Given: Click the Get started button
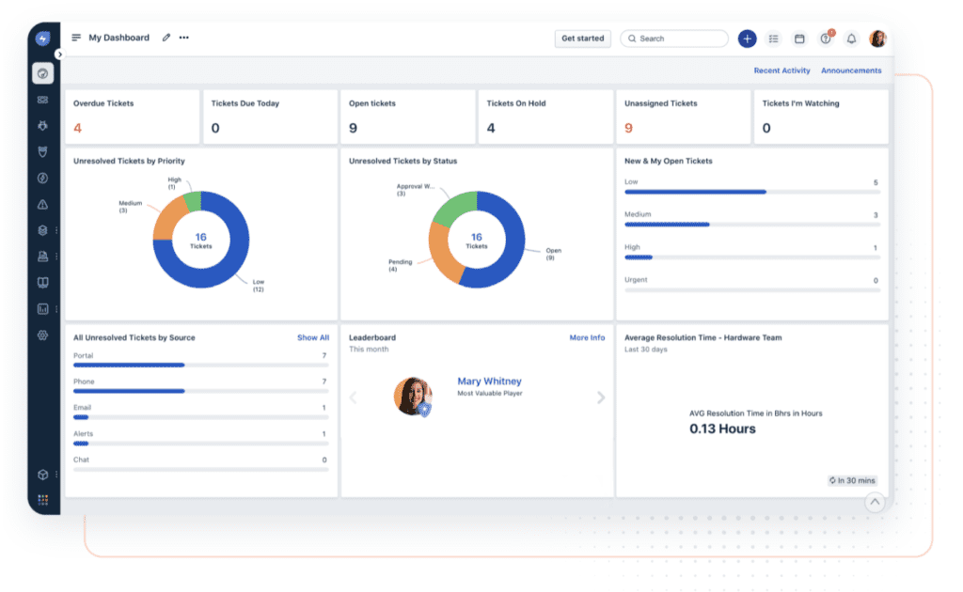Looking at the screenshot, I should pos(582,39).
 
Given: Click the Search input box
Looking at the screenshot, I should pos(674,39).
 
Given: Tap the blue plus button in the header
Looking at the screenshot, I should pos(747,39).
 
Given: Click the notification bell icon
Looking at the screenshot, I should pos(851,39).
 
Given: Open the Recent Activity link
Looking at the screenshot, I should pos(781,70).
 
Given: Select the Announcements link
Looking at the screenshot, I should pos(851,70).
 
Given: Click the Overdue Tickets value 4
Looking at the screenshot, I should pos(77,128).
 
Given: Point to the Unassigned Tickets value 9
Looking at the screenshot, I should pos(628,128).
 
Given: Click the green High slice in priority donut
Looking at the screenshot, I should pos(193,201).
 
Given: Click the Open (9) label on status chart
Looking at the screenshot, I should pos(554,255).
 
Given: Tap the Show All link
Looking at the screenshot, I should pos(313,337).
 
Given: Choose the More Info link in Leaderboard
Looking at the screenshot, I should pos(587,337).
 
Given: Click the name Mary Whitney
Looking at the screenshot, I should pos(489,382).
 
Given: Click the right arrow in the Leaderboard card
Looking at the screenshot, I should pos(601,397).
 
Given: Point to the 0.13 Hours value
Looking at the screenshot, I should pos(722,428).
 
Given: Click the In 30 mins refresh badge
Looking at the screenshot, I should pos(852,480).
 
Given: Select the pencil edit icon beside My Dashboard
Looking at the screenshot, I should pos(166,39).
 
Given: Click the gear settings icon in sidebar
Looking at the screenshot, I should pos(42,335).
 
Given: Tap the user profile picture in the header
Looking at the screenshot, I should pos(877,39).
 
